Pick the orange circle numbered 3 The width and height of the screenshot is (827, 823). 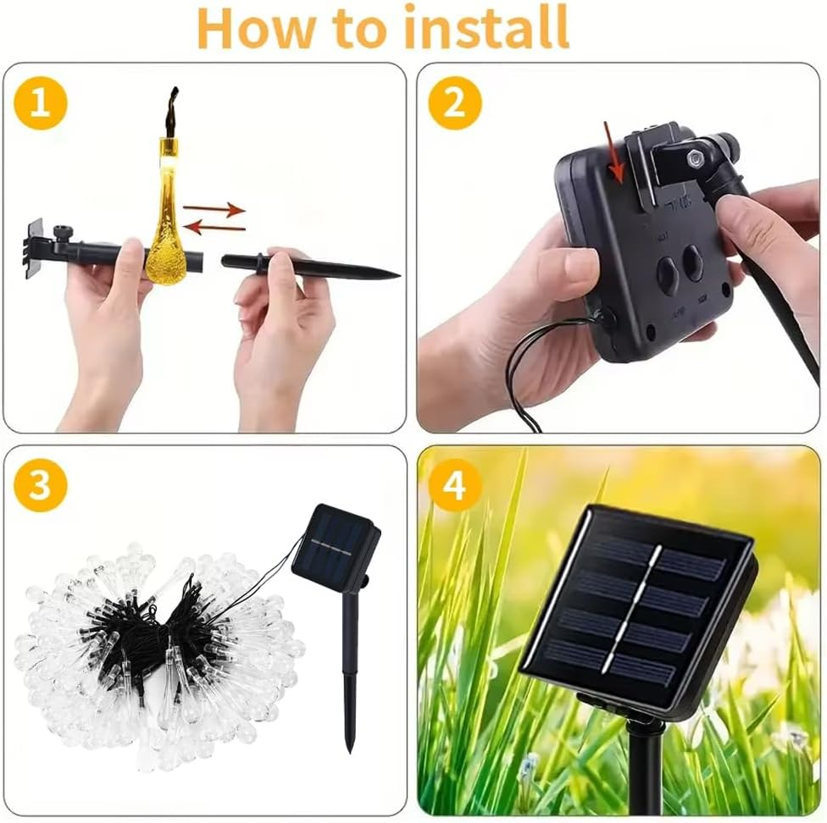(41, 484)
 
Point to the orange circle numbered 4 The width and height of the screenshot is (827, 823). (455, 484)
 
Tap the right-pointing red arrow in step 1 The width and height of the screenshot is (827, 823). (214, 209)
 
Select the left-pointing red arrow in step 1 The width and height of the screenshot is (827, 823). (217, 228)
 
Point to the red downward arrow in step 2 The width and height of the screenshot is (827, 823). (614, 152)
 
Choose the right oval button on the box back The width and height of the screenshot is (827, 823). (695, 262)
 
